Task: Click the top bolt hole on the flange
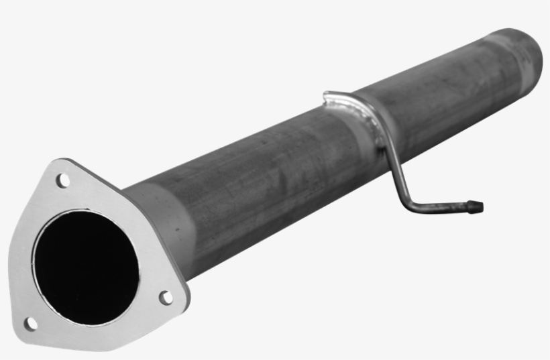click(x=62, y=180)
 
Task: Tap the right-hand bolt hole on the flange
click(x=165, y=297)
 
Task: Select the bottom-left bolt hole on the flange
click(x=30, y=323)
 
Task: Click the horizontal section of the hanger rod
click(x=443, y=206)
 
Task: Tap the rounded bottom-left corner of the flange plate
click(x=23, y=332)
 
